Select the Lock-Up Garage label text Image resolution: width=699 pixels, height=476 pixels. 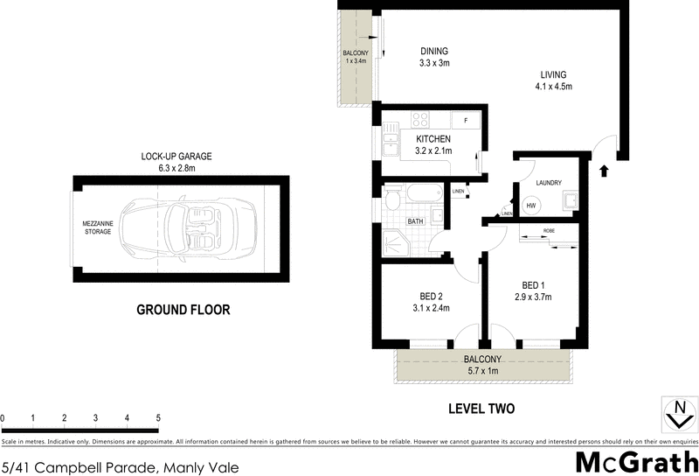pos(176,157)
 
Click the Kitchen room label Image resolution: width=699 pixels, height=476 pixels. pos(433,139)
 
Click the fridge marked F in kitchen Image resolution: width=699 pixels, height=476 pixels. pos(466,120)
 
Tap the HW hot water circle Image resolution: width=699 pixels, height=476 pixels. pos(529,206)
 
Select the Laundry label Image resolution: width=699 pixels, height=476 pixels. pos(549,183)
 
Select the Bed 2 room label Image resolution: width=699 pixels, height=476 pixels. pos(430,295)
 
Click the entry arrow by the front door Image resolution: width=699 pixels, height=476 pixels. pos(604,171)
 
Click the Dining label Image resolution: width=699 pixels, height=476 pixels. pos(433,51)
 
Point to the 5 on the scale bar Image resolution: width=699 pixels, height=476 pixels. pos(158,418)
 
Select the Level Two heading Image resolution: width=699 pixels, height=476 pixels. pos(481,409)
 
